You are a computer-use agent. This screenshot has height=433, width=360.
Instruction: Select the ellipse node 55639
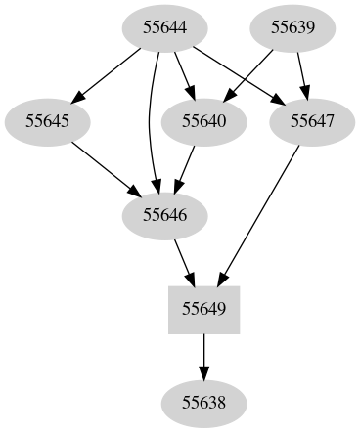click(x=292, y=27)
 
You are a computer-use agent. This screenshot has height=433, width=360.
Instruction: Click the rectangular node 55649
click(x=204, y=309)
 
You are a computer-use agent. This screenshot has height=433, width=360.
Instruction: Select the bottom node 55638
click(x=204, y=403)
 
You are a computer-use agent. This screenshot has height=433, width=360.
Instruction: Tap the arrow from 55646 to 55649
click(x=183, y=260)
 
